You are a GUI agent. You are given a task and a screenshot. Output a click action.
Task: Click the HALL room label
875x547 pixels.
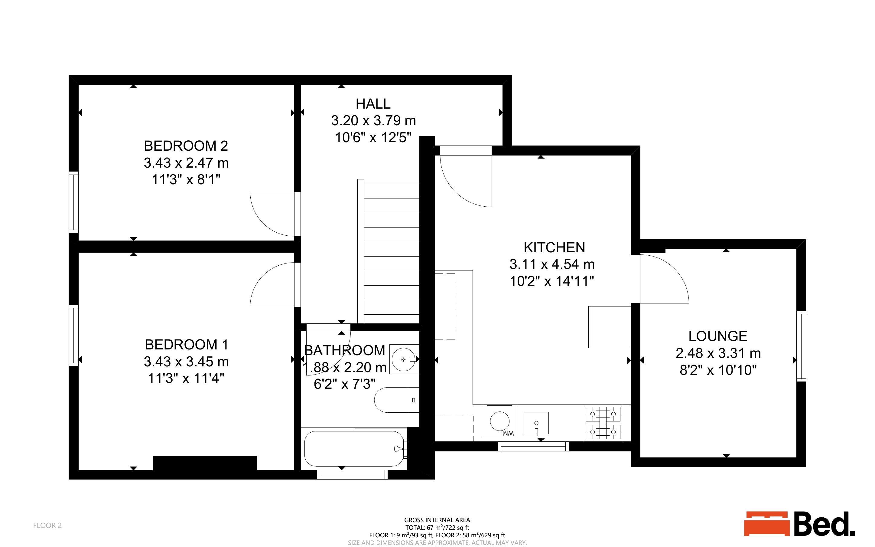pyautogui.click(x=373, y=104)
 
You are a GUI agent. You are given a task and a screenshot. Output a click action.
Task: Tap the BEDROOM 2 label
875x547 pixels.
pyautogui.click(x=186, y=146)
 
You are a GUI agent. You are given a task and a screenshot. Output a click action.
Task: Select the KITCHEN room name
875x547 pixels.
pyautogui.click(x=554, y=247)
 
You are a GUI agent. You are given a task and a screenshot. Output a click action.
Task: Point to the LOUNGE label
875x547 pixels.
pyautogui.click(x=717, y=336)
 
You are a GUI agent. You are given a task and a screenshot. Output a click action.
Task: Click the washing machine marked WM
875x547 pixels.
pyautogui.click(x=500, y=421)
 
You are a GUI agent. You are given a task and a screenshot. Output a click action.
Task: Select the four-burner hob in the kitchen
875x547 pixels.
pyautogui.click(x=603, y=423)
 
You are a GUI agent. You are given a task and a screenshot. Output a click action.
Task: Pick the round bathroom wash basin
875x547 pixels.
pyautogui.click(x=405, y=359)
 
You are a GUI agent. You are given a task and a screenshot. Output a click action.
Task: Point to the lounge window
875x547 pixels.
pyautogui.click(x=801, y=346)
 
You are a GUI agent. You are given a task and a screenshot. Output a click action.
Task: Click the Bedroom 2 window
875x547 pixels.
pyautogui.click(x=74, y=201)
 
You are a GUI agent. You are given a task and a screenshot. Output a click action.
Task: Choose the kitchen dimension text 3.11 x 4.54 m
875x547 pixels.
pyautogui.click(x=552, y=264)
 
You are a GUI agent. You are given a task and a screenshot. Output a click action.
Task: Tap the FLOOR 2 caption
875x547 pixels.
pyautogui.click(x=47, y=525)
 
